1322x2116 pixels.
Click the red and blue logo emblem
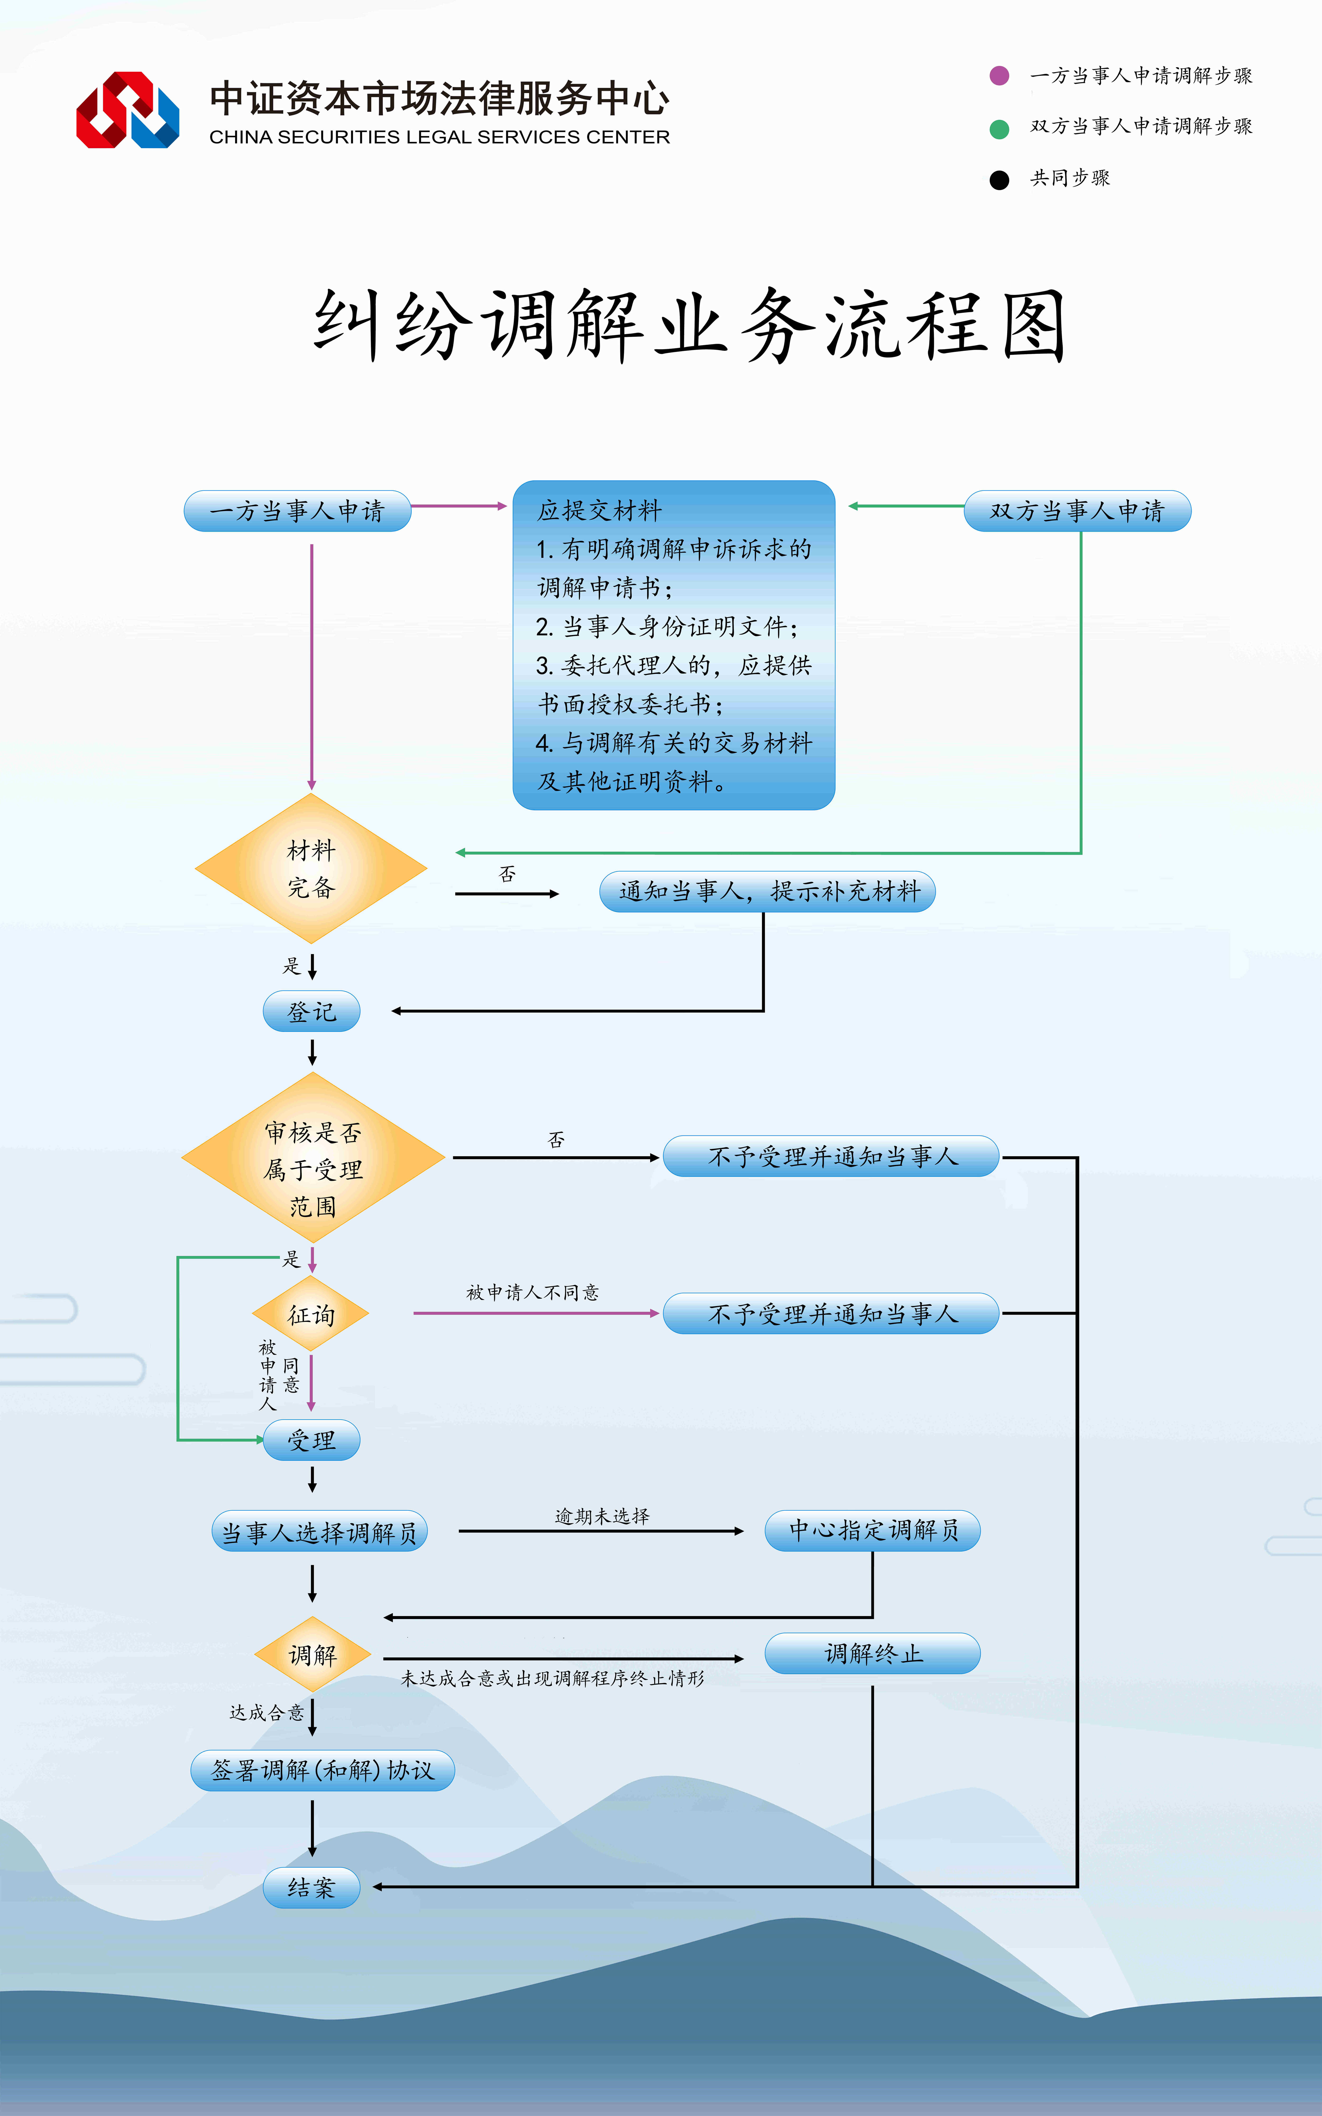tap(128, 110)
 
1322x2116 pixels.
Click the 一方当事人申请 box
tap(297, 511)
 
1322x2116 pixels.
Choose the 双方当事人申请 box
tap(1077, 511)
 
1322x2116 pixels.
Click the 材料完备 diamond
tap(311, 868)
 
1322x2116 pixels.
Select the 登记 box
tap(311, 1012)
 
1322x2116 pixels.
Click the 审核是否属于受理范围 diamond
tap(313, 1158)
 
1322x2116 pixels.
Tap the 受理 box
tap(311, 1440)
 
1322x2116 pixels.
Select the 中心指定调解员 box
tap(873, 1530)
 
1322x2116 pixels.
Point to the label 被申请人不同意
tap(533, 1292)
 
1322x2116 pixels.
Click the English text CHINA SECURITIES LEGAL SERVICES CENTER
tap(440, 137)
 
